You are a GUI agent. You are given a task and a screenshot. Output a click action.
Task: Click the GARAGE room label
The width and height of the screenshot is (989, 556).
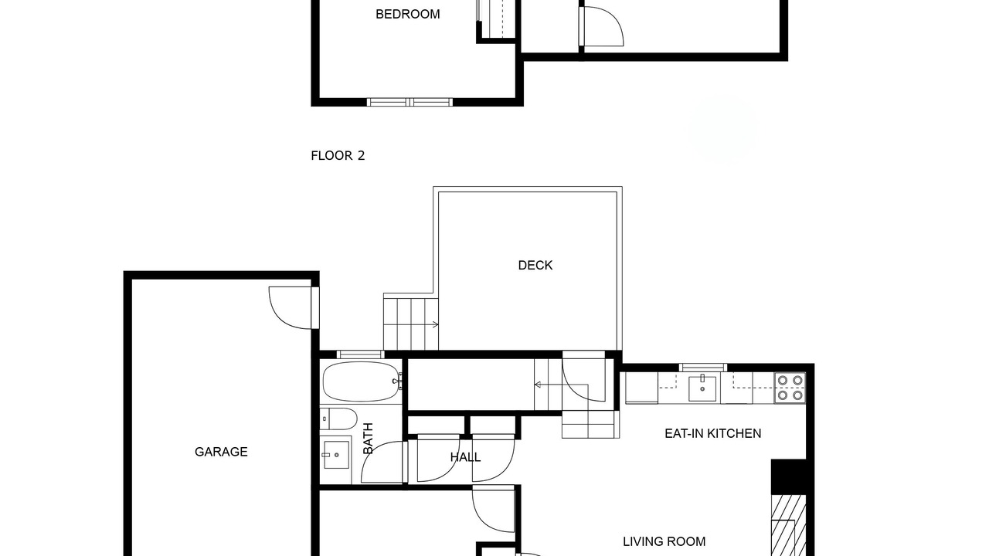(221, 452)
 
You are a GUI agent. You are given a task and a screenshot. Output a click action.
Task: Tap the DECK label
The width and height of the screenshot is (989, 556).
(535, 265)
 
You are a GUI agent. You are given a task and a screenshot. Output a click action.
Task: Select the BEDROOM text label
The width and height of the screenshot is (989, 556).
(407, 14)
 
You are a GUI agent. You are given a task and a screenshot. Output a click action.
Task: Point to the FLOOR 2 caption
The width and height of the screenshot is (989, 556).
(338, 155)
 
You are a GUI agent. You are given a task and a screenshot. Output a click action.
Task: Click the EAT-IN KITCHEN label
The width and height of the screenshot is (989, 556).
(712, 433)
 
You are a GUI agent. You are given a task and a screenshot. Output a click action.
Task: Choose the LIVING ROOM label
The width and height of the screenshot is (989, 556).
(664, 541)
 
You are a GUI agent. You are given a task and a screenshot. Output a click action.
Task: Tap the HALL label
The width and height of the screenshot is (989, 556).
(465, 457)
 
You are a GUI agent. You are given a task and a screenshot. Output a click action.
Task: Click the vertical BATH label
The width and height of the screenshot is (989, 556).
(368, 438)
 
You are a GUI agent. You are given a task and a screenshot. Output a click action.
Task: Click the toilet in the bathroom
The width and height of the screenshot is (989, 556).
(338, 419)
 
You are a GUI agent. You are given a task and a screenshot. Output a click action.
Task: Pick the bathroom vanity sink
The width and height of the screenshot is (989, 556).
(335, 455)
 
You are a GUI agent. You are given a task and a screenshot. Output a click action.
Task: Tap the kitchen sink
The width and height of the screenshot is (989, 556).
(702, 388)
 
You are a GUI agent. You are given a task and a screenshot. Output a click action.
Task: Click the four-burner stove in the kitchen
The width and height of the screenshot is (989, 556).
(790, 388)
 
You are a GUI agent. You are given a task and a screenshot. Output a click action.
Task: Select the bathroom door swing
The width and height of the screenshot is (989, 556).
(382, 462)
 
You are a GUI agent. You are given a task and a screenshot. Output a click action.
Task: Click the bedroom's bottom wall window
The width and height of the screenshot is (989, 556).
(410, 103)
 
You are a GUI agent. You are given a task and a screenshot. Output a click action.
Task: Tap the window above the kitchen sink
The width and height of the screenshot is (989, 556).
(702, 367)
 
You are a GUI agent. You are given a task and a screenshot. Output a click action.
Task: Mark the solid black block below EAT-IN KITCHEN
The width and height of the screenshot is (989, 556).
(789, 476)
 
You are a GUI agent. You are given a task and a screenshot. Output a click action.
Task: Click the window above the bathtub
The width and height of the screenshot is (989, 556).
(360, 354)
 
